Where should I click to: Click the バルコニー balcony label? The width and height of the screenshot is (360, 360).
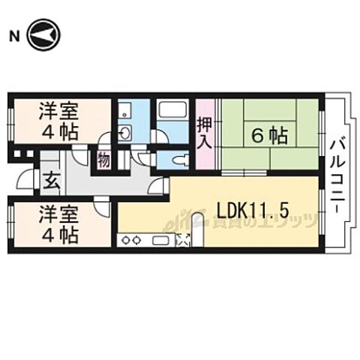[338, 174]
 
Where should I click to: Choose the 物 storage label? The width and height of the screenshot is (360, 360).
[103, 159]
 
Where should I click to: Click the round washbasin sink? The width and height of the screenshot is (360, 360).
[125, 134]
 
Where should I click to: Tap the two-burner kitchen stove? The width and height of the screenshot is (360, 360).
[132, 240]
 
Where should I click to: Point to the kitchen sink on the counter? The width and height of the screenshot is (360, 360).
[161, 240]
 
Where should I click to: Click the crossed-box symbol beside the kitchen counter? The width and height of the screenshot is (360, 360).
[184, 240]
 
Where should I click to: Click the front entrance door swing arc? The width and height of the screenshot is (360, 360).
[28, 181]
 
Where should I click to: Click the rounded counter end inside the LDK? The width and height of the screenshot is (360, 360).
[197, 220]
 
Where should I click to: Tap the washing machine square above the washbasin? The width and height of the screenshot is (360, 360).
[125, 111]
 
